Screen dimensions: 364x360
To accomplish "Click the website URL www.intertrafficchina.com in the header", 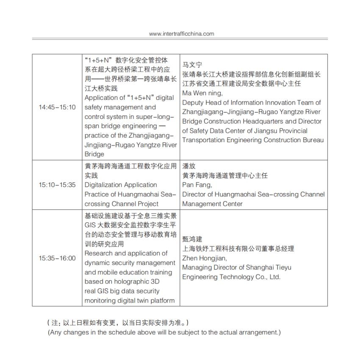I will (x=182, y=34).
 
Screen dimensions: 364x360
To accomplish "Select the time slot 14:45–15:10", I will (x=57, y=108).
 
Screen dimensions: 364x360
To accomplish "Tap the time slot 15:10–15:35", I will (x=57, y=185).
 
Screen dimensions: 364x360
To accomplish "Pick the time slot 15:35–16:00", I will (x=57, y=258).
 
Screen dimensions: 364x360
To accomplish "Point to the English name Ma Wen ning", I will (x=202, y=93).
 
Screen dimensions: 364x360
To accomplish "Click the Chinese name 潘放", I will (x=188, y=166).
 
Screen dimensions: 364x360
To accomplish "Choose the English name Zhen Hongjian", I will (x=205, y=258).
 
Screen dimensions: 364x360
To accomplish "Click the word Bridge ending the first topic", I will (x=94, y=154).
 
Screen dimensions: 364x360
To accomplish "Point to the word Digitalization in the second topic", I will (x=102, y=185).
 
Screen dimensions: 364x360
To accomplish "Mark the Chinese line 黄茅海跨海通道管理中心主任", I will (x=225, y=176).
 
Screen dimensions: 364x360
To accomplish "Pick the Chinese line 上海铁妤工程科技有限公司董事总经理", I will (x=238, y=249).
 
